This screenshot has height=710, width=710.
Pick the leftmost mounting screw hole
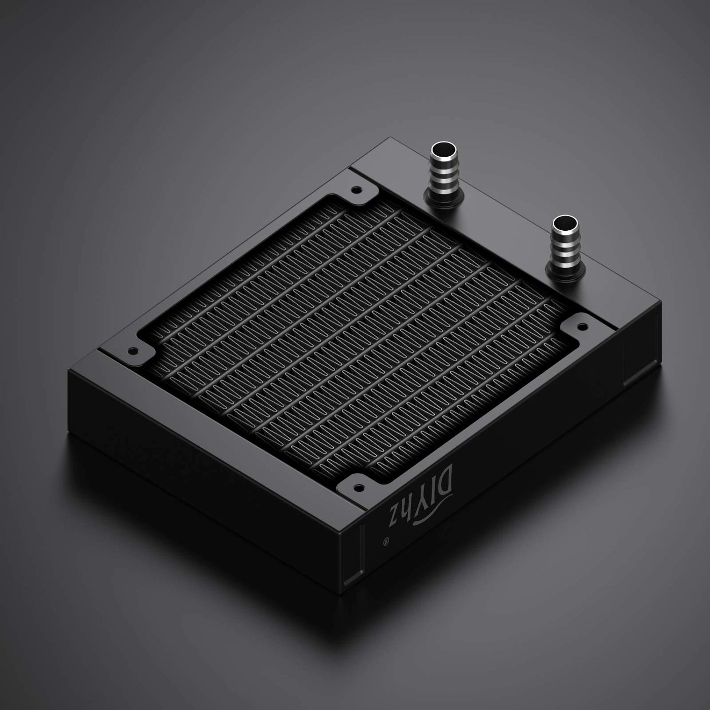pos(133,350)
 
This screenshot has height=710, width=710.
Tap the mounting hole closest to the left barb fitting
pos(357,191)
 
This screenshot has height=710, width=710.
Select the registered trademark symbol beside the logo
pos(386,543)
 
